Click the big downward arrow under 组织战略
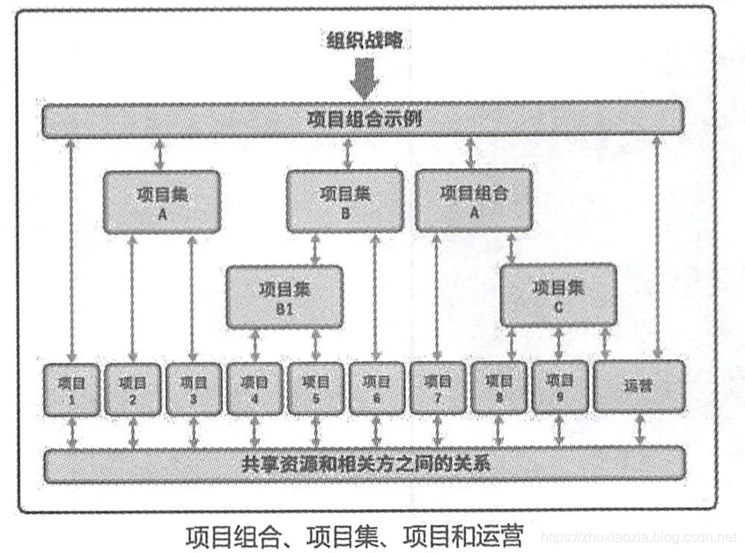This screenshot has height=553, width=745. pyautogui.click(x=363, y=81)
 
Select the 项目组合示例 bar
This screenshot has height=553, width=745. pyautogui.click(x=363, y=118)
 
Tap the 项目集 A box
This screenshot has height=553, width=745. pyautogui.click(x=161, y=202)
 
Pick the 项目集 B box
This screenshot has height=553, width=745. pyautogui.click(x=344, y=202)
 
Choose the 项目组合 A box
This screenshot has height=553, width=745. pyautogui.click(x=473, y=200)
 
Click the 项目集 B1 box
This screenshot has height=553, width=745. pyautogui.click(x=284, y=297)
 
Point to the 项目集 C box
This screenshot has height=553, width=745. pyautogui.click(x=559, y=295)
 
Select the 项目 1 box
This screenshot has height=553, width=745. pyautogui.click(x=70, y=389)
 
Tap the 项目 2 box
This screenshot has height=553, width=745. pyautogui.click(x=132, y=389)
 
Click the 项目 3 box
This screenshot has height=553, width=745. pyautogui.click(x=193, y=389)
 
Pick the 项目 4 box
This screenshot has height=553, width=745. pyautogui.click(x=254, y=389)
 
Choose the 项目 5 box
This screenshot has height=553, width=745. pyautogui.click(x=315, y=389)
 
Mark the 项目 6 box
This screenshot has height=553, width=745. pyautogui.click(x=376, y=389)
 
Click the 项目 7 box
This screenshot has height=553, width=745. pyautogui.click(x=438, y=389)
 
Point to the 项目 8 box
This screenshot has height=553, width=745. pyautogui.click(x=498, y=389)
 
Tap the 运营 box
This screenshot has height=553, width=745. pyautogui.click(x=639, y=387)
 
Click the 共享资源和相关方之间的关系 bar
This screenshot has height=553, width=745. pyautogui.click(x=363, y=464)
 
